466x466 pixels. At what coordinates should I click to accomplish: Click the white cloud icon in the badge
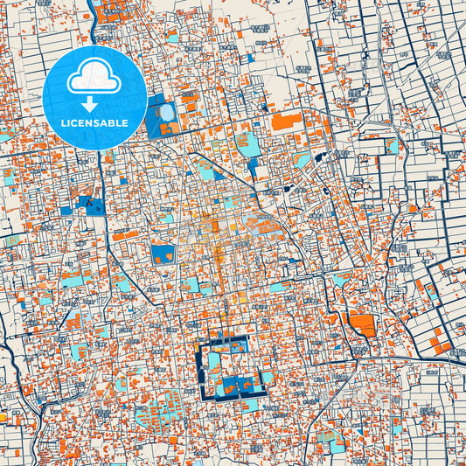click(x=94, y=79)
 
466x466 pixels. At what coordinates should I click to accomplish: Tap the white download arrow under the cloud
click(x=90, y=104)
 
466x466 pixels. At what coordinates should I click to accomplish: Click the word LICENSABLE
click(x=94, y=123)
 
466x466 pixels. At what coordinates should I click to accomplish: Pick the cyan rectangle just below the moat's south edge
click(x=250, y=405)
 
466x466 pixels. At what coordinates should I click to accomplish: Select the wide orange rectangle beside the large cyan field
click(x=286, y=121)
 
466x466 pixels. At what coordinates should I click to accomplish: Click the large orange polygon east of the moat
click(x=362, y=325)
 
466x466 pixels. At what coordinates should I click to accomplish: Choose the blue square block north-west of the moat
click(x=163, y=254)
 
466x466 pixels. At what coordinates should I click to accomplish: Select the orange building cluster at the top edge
click(x=111, y=11)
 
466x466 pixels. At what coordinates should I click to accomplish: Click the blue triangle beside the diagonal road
click(x=252, y=166)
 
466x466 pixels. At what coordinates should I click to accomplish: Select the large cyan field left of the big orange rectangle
click(x=247, y=143)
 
